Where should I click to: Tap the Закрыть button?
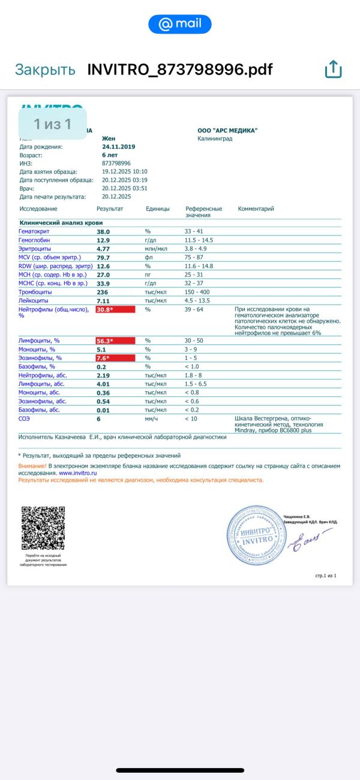click(x=45, y=70)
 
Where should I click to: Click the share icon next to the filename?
click(x=333, y=70)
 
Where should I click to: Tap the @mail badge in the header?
click(x=180, y=24)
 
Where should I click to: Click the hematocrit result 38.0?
click(x=104, y=231)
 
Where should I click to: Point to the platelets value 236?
click(x=102, y=292)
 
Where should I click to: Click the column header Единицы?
click(x=158, y=209)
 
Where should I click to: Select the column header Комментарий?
click(x=256, y=209)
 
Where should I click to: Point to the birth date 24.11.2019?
click(x=119, y=146)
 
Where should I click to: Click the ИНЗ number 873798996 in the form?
click(x=116, y=163)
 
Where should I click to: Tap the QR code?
click(x=43, y=529)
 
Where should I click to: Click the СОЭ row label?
click(x=25, y=419)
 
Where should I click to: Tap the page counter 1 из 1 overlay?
click(x=53, y=124)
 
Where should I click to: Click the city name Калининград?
click(x=215, y=139)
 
